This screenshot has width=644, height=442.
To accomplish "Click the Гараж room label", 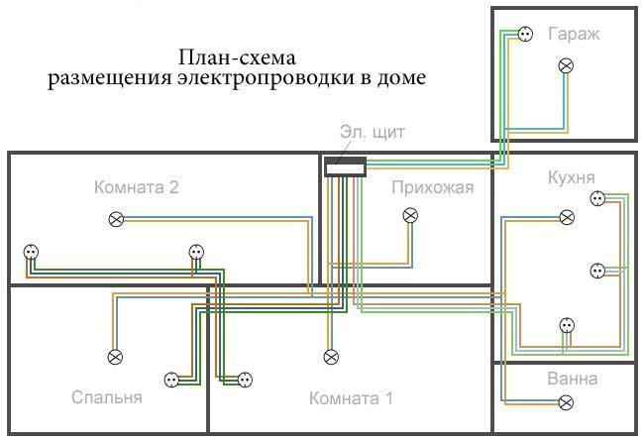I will pyautogui.click(x=573, y=34).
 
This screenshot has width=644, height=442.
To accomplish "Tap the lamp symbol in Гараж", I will pyautogui.click(x=567, y=66).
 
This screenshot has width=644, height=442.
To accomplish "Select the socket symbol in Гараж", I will pyautogui.click(x=523, y=34).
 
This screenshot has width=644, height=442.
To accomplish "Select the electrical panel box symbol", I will pyautogui.click(x=346, y=167).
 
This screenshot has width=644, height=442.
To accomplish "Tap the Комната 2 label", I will pyautogui.click(x=137, y=186).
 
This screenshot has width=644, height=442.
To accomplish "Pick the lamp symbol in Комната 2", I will pyautogui.click(x=117, y=218).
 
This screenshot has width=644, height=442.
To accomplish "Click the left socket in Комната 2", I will pyautogui.click(x=30, y=253).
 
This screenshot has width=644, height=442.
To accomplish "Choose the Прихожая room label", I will pyautogui.click(x=432, y=187).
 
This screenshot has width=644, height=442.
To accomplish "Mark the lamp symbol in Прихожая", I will pyautogui.click(x=410, y=215).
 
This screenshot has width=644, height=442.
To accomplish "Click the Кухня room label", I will pyautogui.click(x=571, y=177).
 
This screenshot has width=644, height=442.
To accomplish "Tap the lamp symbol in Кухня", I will pyautogui.click(x=566, y=217).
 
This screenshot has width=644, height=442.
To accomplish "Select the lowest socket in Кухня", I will pyautogui.click(x=566, y=324).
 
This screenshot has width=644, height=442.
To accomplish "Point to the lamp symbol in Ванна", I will pyautogui.click(x=566, y=402).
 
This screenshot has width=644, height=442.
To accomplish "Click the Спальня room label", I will pyautogui.click(x=107, y=398).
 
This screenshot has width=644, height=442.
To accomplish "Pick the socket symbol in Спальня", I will pyautogui.click(x=169, y=378).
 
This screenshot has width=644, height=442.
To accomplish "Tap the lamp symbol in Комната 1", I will pyautogui.click(x=331, y=356).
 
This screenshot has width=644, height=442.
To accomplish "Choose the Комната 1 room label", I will pyautogui.click(x=351, y=399).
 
